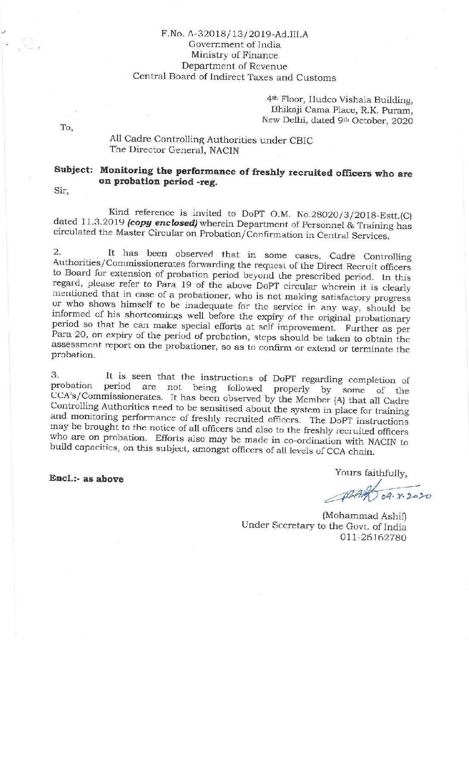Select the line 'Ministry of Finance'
tap(234, 55)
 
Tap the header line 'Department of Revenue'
tap(234, 66)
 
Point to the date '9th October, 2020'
tap(375, 121)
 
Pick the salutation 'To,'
tap(67, 128)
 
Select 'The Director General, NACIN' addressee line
tap(174, 150)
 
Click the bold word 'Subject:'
tap(73, 169)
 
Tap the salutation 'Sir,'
tap(61, 191)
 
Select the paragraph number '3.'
tap(54, 375)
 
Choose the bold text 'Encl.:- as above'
tap(86, 479)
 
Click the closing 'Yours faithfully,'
tap(371, 473)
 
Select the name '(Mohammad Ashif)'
tap(364, 516)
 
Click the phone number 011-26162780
tap(373, 537)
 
